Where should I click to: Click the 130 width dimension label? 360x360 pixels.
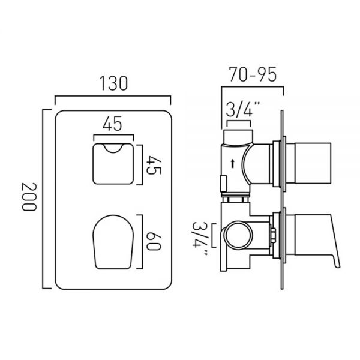113,83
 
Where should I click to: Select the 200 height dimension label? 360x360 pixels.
29,197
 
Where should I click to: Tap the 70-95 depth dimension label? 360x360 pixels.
253,74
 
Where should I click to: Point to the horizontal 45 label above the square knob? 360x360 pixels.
112,124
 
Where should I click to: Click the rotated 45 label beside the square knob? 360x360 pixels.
154,165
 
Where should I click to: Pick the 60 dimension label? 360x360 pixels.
154,241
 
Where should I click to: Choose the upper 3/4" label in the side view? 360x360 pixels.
243,110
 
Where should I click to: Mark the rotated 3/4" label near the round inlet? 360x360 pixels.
200,238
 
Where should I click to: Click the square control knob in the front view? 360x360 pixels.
113,164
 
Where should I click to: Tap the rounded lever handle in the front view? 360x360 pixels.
113,242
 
